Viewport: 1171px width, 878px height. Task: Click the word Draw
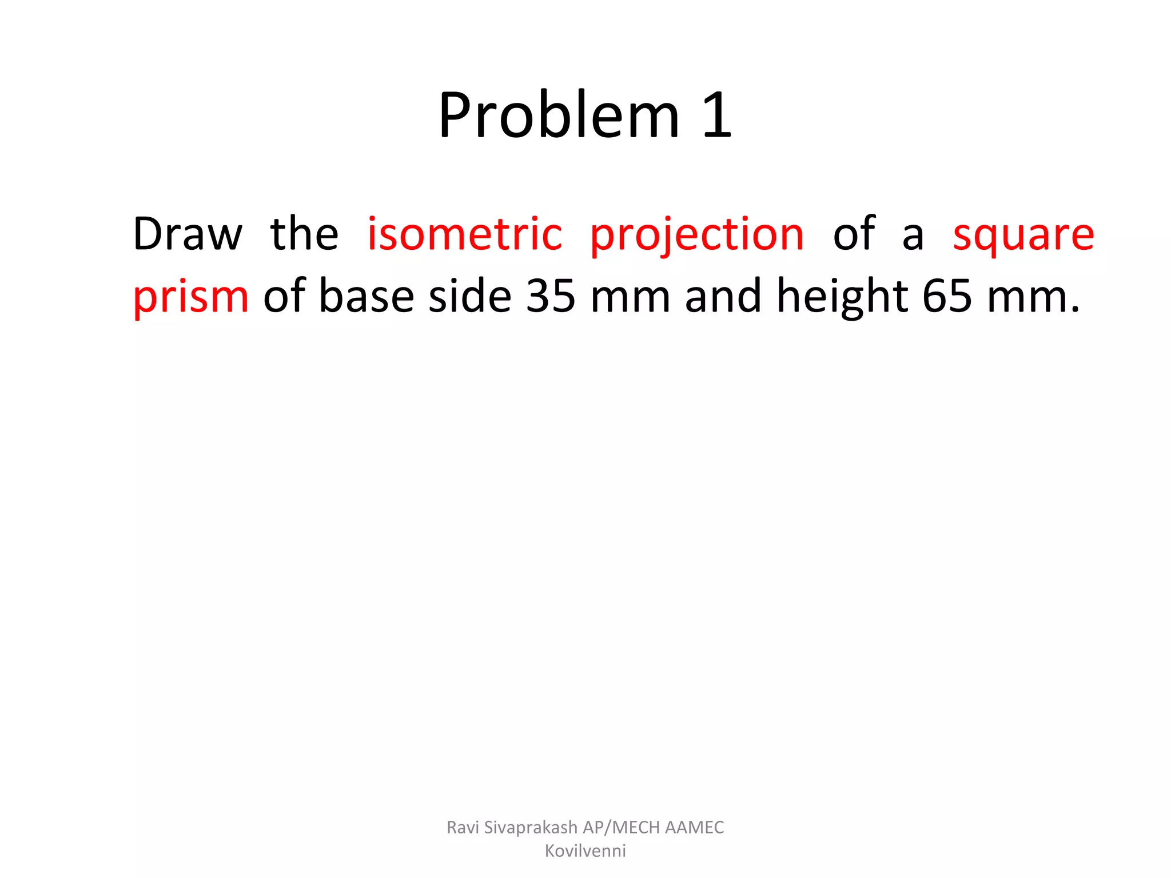pyautogui.click(x=188, y=234)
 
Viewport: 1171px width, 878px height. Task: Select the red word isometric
pyautogui.click(x=464, y=234)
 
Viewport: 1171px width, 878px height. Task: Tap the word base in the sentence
pyautogui.click(x=366, y=296)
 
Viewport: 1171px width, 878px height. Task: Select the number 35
pyautogui.click(x=551, y=296)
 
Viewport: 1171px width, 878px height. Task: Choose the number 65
pyautogui.click(x=947, y=296)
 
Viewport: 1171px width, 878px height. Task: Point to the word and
pyautogui.click(x=723, y=296)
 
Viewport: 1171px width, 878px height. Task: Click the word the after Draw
pyautogui.click(x=304, y=234)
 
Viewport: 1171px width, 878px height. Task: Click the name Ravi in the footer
pyautogui.click(x=463, y=827)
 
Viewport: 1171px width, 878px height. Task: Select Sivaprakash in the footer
pyautogui.click(x=531, y=828)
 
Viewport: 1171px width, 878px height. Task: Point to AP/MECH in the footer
pyautogui.click(x=622, y=827)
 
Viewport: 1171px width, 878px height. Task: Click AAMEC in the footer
pyautogui.click(x=695, y=827)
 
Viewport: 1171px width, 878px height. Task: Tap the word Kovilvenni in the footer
pyautogui.click(x=585, y=851)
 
